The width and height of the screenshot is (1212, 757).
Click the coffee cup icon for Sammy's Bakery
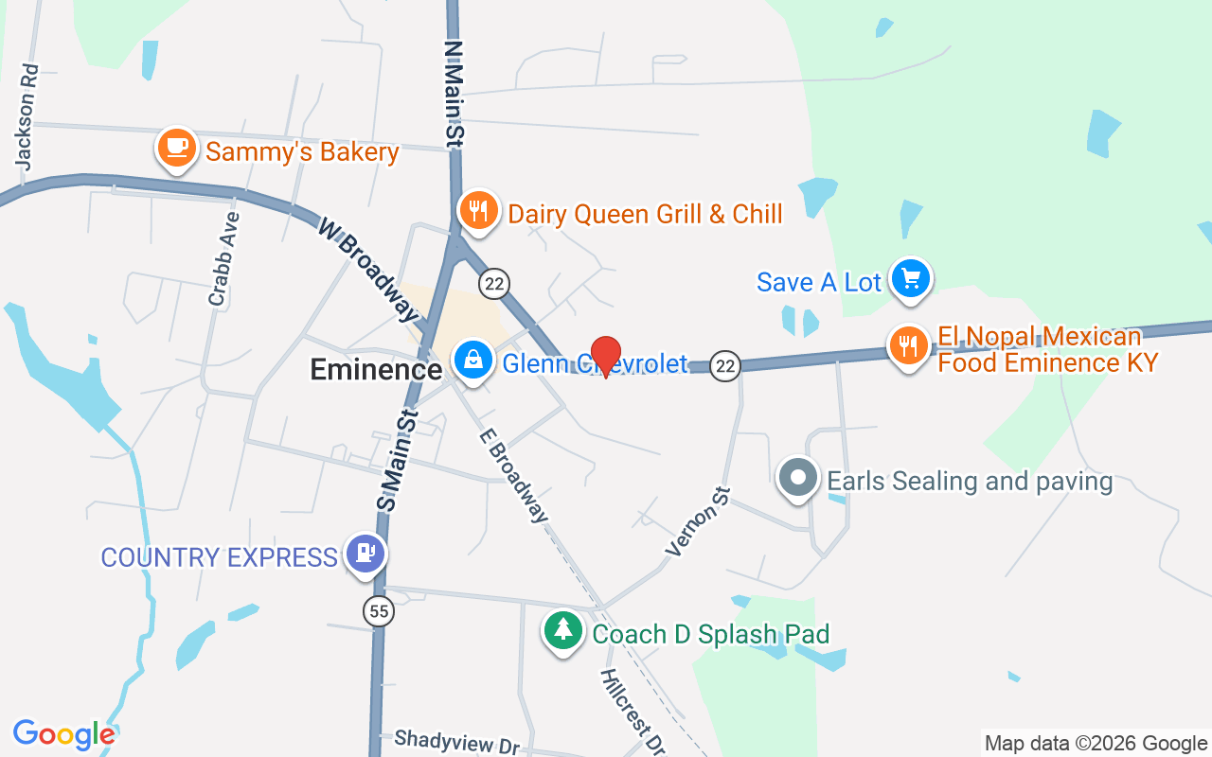(176, 149)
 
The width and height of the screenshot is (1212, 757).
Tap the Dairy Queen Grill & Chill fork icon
(478, 210)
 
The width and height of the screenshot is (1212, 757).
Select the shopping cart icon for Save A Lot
(911, 279)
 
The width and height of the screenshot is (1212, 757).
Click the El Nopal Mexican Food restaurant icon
(908, 345)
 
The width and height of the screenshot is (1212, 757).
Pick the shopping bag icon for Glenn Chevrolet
(472, 360)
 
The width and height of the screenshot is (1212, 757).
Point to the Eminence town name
(376, 369)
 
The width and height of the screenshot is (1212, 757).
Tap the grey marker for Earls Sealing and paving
(798, 478)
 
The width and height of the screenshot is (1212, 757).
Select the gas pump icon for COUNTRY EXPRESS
(364, 554)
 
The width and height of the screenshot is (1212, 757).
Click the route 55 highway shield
(379, 612)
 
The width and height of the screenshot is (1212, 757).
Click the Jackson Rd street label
(27, 116)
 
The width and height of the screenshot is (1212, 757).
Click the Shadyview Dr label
(457, 742)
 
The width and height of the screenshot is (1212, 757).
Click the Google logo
(63, 733)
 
